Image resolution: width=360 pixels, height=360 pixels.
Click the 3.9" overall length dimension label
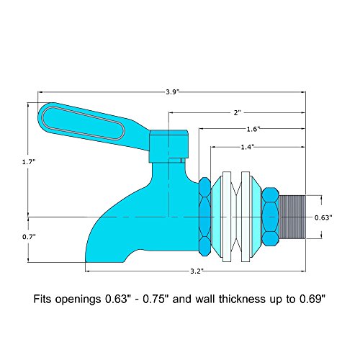[173, 92]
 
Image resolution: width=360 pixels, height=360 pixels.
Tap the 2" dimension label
[237, 112]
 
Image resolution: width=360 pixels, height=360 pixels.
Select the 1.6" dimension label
[253, 129]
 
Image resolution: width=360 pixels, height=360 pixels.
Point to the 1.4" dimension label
[248, 147]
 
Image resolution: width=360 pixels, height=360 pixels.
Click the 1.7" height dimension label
[29, 162]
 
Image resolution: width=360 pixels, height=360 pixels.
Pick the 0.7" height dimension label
[29, 237]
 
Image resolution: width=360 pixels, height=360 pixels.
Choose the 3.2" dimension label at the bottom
[197, 271]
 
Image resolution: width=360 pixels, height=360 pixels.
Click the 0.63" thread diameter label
[323, 217]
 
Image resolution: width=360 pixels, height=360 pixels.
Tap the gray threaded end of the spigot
[292, 217]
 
